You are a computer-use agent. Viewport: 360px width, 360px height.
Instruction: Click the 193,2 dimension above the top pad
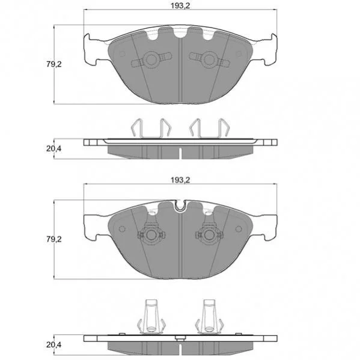click(x=180, y=6)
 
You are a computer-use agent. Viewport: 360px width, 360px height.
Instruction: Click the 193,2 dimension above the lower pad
click(x=180, y=180)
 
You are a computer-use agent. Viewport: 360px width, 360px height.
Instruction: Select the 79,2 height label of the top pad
click(x=54, y=64)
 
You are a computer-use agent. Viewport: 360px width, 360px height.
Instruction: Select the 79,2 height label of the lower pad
click(x=54, y=239)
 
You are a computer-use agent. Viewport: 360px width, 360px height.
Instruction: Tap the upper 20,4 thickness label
click(x=54, y=149)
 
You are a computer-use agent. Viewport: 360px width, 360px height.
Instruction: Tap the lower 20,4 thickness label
click(x=54, y=344)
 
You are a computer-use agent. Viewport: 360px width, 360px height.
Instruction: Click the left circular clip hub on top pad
click(x=151, y=59)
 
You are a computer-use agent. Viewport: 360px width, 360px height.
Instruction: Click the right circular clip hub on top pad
click(x=209, y=59)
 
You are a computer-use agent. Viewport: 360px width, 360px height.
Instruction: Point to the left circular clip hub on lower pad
click(x=151, y=234)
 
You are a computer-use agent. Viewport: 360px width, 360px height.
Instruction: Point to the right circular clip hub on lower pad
click(x=209, y=234)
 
